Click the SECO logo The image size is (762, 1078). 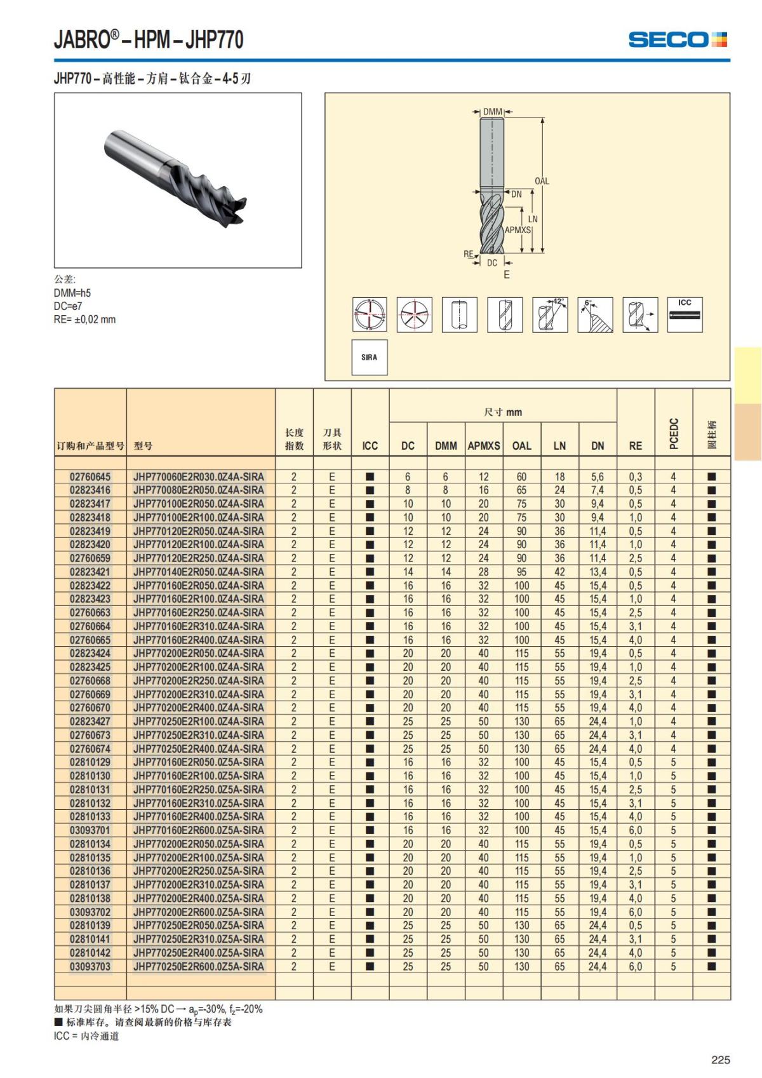tap(677, 39)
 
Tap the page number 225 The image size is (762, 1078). tap(720, 1060)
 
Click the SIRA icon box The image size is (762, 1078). tap(369, 358)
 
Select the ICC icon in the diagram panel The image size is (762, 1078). tap(685, 314)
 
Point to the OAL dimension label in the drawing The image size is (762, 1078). tap(542, 181)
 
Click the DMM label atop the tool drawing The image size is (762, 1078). tap(493, 112)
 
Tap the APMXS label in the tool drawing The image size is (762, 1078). tap(518, 230)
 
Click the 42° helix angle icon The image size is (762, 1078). tap(550, 314)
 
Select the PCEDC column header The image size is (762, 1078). tap(674, 433)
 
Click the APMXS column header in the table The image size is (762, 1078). tap(484, 446)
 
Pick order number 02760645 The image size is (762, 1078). tap(90, 476)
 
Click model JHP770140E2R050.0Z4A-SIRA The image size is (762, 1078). tap(198, 572)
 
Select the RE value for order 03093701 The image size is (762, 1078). tap(635, 830)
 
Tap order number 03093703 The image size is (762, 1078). tap(90, 966)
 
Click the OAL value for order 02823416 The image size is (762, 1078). tap(521, 490)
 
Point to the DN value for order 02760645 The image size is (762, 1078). tap(597, 476)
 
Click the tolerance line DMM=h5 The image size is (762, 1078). tap(72, 293)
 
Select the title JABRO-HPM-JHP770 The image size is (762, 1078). tap(149, 40)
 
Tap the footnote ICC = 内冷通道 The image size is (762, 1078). tap(86, 1036)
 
